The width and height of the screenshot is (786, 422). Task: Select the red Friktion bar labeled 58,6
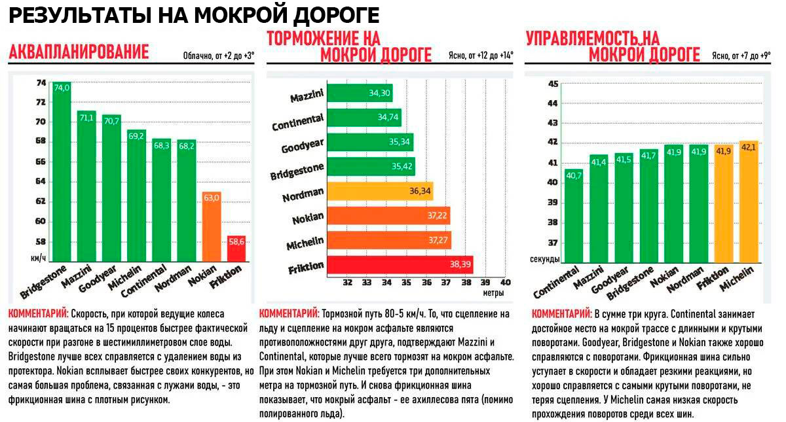[235, 249]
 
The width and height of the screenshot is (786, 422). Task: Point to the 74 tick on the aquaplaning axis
[41, 83]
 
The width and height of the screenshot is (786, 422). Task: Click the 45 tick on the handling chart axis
[552, 84]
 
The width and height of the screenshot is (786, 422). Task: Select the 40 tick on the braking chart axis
[505, 283]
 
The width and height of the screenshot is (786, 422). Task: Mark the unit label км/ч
[39, 259]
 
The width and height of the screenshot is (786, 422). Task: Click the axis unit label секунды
[545, 259]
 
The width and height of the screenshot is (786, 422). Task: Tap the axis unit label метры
[494, 293]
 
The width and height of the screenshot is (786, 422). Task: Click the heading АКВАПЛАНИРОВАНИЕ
[79, 52]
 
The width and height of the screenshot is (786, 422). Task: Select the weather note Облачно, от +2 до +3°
[219, 56]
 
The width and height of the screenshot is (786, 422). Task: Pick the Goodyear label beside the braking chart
[302, 145]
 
